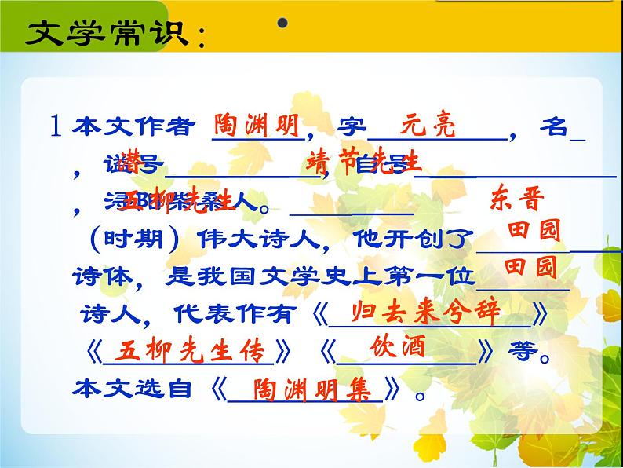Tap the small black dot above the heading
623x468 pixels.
point(282,25)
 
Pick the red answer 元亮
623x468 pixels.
point(428,125)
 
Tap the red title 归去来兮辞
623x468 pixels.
point(426,312)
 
